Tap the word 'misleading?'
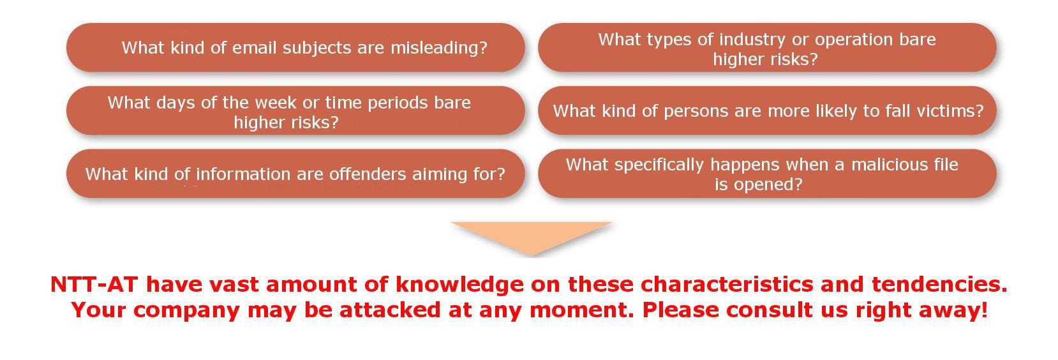439,48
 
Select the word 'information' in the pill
243,174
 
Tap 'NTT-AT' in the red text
94,285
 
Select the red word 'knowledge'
459,285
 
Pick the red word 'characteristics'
727,285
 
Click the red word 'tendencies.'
939,285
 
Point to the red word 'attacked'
390,310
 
